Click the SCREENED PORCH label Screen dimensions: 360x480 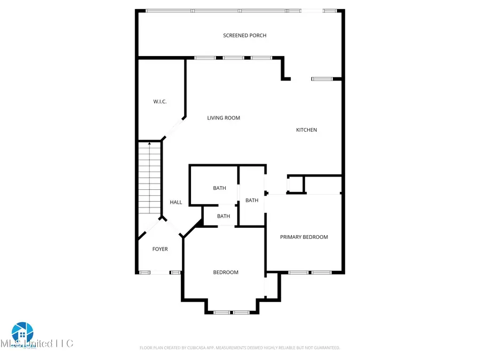(244, 35)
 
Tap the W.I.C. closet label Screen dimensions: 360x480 (160, 101)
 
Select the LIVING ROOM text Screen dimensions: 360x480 (223, 118)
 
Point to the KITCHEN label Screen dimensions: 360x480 (307, 130)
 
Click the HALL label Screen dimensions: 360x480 (176, 202)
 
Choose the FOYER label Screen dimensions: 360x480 (160, 249)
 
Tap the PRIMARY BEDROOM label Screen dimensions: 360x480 (304, 237)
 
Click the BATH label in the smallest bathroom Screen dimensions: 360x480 (223, 216)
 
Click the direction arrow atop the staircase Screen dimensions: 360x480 (149, 143)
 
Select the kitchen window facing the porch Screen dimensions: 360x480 (322, 79)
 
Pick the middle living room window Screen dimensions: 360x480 (233, 58)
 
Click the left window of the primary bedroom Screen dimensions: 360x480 (299, 273)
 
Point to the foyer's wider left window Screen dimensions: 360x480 (145, 273)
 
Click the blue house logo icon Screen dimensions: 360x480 (22, 332)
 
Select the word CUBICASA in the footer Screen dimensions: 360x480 (197, 348)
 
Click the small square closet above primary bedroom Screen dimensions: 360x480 (295, 185)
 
